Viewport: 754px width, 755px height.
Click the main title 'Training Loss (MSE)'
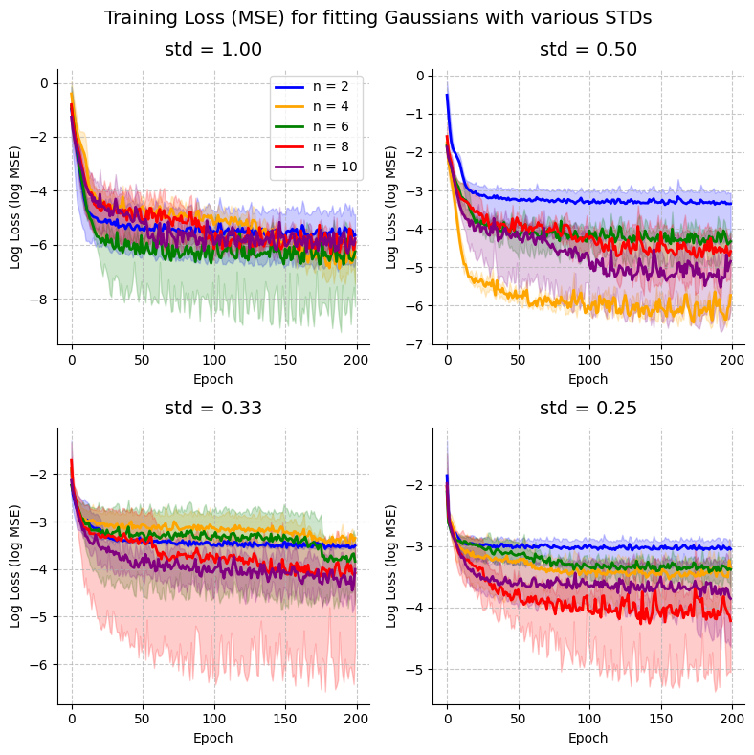click(x=378, y=18)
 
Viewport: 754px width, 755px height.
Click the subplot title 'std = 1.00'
click(x=212, y=50)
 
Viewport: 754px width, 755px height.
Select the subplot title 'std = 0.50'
click(x=588, y=50)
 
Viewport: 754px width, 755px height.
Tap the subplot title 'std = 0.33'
click(x=212, y=409)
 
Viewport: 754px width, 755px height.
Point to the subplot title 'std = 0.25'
click(x=588, y=409)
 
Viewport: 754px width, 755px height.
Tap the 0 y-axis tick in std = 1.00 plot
click(x=43, y=83)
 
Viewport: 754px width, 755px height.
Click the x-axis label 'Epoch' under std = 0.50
click(x=588, y=379)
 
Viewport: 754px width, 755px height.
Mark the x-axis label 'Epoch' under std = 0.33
click(x=212, y=738)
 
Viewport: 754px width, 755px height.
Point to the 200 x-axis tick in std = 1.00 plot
click(x=356, y=363)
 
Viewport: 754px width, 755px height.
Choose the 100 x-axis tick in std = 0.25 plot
click(x=588, y=722)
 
